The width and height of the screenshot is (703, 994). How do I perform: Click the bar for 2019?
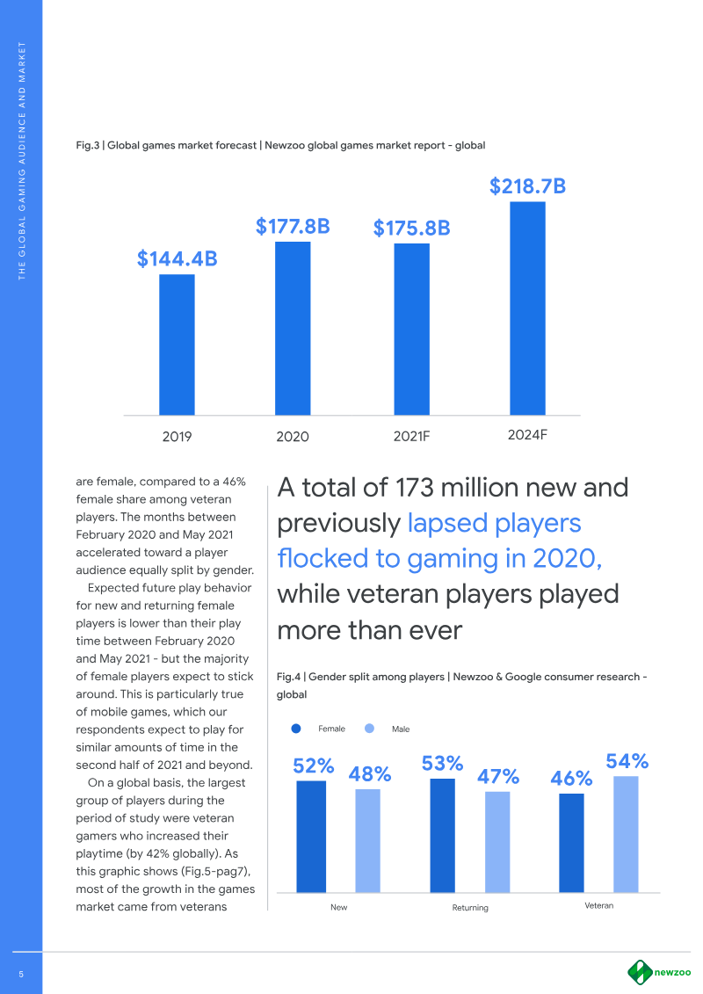pyautogui.click(x=177, y=345)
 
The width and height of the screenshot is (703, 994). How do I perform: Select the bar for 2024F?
pyautogui.click(x=527, y=308)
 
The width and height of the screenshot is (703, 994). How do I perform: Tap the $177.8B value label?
pyautogui.click(x=293, y=227)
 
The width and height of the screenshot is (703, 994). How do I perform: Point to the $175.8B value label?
pyautogui.click(x=411, y=229)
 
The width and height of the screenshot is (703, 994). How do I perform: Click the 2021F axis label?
pyautogui.click(x=410, y=435)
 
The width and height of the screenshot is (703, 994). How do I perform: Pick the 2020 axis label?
pyautogui.click(x=293, y=436)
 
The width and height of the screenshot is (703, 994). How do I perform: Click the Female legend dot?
pyautogui.click(x=296, y=729)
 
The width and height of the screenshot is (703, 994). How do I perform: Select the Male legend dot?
pyautogui.click(x=370, y=729)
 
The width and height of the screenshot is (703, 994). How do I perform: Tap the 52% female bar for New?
pyautogui.click(x=311, y=835)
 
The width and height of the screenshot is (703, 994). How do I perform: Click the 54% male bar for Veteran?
pyautogui.click(x=626, y=832)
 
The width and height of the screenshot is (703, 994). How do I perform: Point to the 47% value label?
pyautogui.click(x=498, y=777)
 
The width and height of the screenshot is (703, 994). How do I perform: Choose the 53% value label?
pyautogui.click(x=442, y=764)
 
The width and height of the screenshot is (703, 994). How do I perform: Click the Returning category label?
pyautogui.click(x=470, y=907)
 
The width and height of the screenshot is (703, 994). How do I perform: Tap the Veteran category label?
pyautogui.click(x=598, y=904)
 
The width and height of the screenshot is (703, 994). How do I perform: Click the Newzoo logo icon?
pyautogui.click(x=639, y=972)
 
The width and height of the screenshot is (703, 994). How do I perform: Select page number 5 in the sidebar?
pyautogui.click(x=20, y=973)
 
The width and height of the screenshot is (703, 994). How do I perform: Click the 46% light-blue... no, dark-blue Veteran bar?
pyautogui.click(x=571, y=841)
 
